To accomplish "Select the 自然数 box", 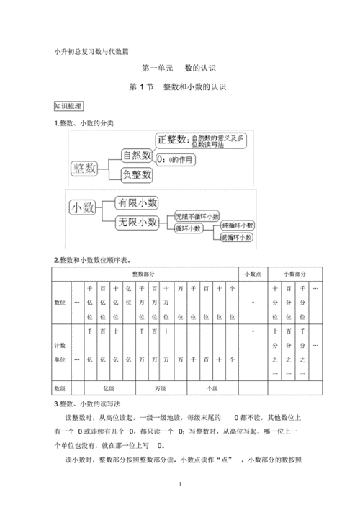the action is tap(137, 155).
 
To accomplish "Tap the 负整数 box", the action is tap(137, 174).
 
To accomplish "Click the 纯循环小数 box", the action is tap(237, 225).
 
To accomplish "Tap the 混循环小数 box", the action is tap(237, 237).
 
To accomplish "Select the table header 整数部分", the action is tap(145, 274).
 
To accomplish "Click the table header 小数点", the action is tap(253, 274).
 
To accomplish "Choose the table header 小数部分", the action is tap(294, 274).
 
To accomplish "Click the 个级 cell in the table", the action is tap(212, 388).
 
